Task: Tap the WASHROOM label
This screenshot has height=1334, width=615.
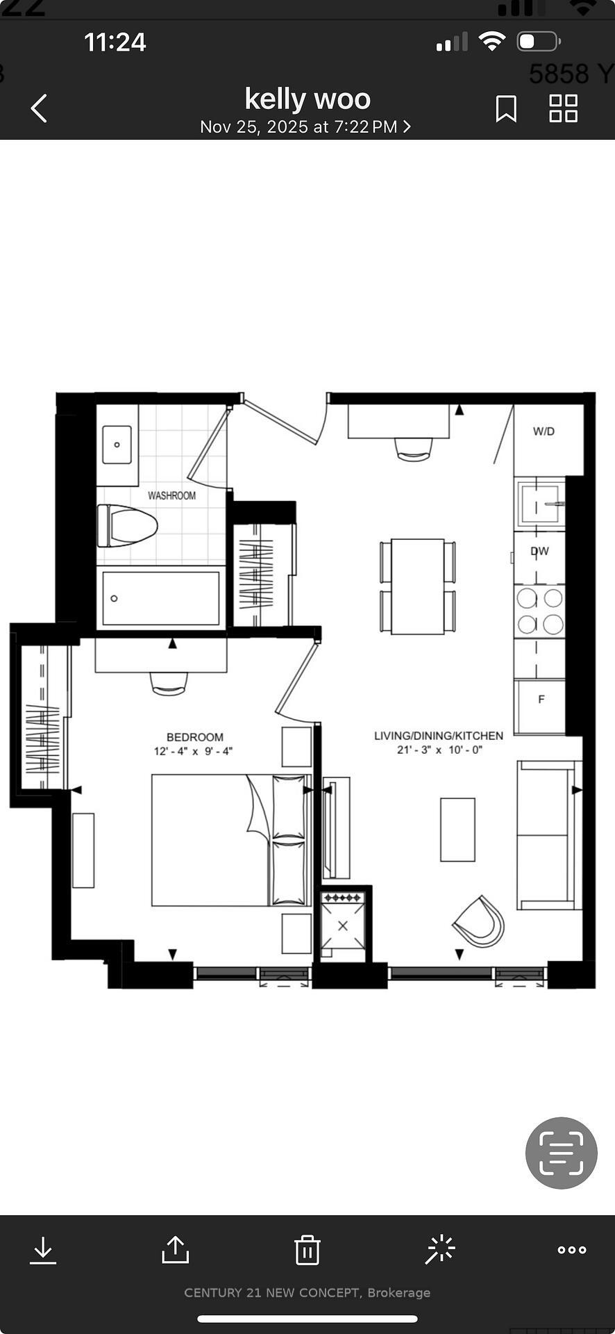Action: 171,495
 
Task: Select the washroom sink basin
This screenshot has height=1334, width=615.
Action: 117,444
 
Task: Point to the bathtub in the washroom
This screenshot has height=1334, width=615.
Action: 161,598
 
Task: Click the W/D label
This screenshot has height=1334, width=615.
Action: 544,431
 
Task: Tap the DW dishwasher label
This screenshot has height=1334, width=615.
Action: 539,551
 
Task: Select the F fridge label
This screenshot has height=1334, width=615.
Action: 541,699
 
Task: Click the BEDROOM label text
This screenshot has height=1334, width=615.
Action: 194,737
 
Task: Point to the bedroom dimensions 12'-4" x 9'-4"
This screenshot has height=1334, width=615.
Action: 193,751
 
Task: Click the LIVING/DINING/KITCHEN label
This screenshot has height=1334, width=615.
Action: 438,735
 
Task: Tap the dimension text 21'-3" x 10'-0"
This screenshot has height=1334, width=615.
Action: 439,750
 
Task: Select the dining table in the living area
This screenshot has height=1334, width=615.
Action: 417,586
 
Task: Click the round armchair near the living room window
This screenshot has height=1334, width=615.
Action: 479,921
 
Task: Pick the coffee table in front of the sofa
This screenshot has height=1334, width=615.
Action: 457,830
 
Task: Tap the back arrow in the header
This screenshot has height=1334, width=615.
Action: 40,108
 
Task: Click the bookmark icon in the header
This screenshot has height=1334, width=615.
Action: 506,108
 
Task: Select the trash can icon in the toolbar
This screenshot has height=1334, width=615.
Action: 307,1250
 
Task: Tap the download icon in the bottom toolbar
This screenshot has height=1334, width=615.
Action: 43,1250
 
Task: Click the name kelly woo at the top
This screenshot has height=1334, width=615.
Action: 307,99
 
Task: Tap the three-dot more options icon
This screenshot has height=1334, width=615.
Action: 572,1250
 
